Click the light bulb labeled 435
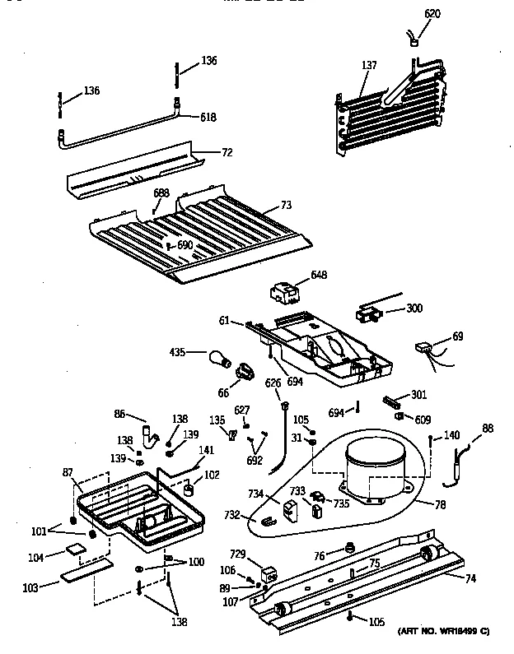click(218, 358)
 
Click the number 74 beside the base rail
click(470, 579)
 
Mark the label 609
click(423, 420)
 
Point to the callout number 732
click(232, 515)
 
